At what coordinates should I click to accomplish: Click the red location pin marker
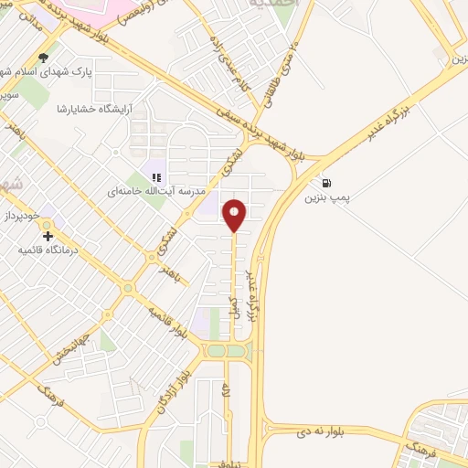coord(236,215)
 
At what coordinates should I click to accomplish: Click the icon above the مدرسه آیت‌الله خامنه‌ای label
coord(156,176)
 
